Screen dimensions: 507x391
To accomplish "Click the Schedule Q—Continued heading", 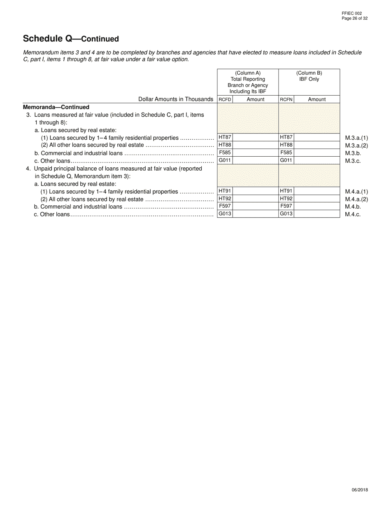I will point(71,39).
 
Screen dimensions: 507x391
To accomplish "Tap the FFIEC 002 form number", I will point(351,13).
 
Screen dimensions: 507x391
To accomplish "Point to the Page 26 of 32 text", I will point(354,18).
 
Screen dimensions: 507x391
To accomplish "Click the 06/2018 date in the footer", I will point(360,490).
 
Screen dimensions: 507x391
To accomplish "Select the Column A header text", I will point(248,82).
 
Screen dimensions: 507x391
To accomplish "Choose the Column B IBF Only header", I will point(309,76).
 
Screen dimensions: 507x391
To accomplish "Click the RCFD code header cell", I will point(225,99).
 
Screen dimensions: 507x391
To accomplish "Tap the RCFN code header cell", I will point(286,99).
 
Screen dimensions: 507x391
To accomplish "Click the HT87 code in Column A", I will point(225,137).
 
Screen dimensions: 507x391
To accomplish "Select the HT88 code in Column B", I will point(286,145).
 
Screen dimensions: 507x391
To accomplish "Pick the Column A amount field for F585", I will point(255,153).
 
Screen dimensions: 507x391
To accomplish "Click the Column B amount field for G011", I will point(317,160).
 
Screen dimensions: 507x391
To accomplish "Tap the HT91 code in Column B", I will point(286,191).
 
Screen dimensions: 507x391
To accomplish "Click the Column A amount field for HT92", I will point(255,199).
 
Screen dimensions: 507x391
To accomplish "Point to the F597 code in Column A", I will point(225,206).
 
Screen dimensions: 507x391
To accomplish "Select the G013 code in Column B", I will point(286,214).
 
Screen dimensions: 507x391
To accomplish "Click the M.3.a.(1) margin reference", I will point(356,138).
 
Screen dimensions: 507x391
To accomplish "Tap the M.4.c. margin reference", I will point(353,214).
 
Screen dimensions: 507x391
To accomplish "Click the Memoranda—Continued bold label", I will point(56,107).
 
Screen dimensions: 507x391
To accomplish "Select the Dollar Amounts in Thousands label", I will point(176,99).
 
